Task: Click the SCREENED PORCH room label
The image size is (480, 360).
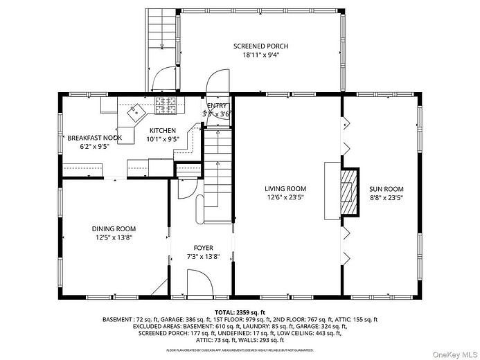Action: [x=260, y=46]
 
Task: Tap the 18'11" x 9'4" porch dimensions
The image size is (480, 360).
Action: [x=260, y=55]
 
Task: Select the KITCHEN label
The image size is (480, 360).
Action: [x=163, y=130]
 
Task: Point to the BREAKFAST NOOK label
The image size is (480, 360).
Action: [x=94, y=138]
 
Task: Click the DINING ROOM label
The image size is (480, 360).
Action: [x=114, y=228]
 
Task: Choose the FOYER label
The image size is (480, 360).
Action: [x=203, y=247]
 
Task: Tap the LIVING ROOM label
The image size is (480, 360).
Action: [x=285, y=188]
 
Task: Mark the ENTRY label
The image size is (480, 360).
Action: [x=217, y=105]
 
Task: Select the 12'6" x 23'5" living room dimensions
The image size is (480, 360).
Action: [x=285, y=197]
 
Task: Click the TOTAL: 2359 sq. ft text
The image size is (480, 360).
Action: [x=240, y=312]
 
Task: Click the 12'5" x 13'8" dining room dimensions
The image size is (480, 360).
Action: [x=114, y=237]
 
